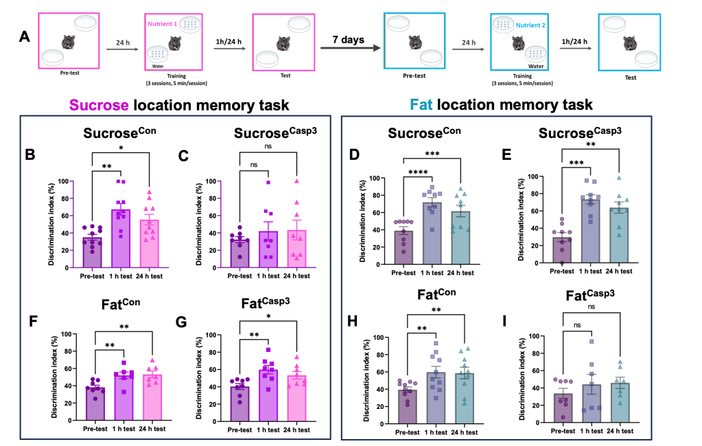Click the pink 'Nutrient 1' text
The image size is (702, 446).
(162, 23)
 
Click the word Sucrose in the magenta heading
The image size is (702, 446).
(102, 105)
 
